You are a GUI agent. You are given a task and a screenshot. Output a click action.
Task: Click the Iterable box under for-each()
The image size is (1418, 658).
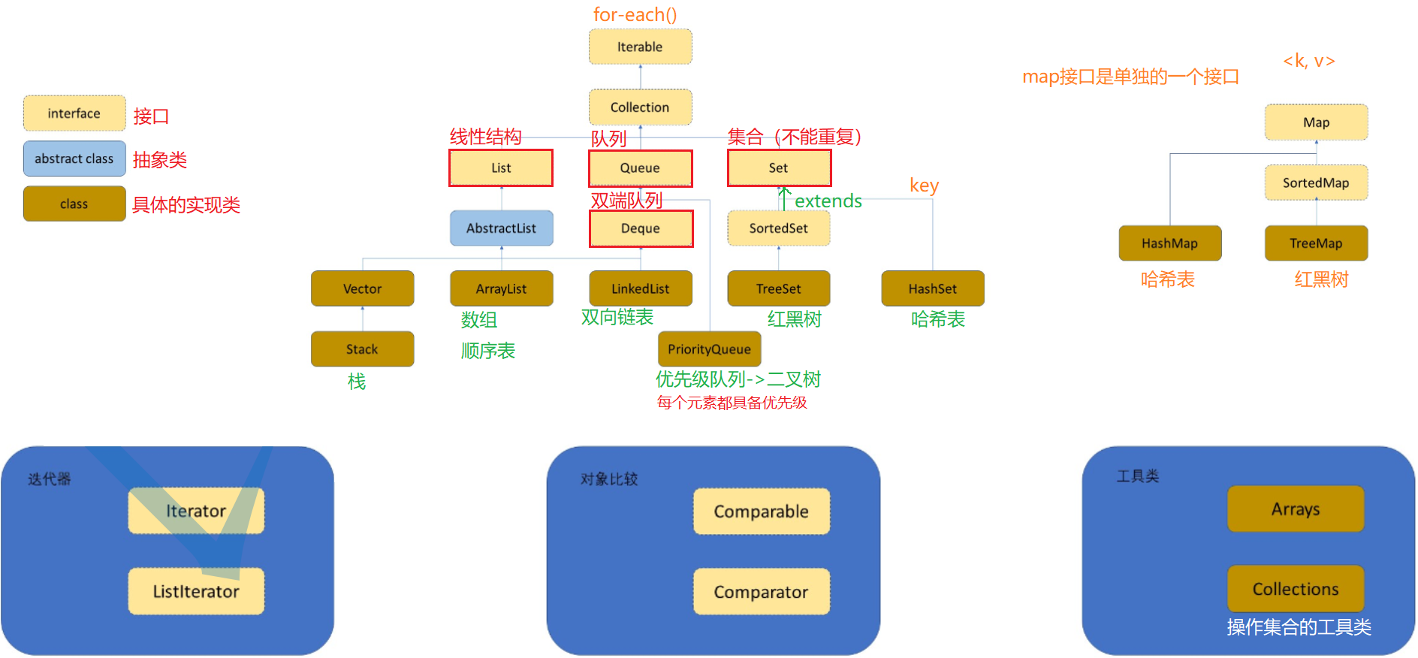point(640,47)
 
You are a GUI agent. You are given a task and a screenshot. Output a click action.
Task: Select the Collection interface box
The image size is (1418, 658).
point(640,107)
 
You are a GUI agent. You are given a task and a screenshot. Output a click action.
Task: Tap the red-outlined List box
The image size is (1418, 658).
point(501,168)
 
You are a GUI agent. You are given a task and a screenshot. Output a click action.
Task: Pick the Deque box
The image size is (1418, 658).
point(641,228)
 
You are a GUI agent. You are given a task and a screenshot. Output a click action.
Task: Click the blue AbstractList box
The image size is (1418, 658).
point(501,228)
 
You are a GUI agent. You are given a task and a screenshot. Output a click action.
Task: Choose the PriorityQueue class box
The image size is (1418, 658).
point(709,349)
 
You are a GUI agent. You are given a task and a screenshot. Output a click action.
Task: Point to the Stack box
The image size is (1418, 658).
point(362,349)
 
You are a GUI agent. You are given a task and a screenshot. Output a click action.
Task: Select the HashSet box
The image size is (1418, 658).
point(932,289)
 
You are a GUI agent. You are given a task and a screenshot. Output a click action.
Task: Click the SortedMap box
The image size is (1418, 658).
point(1316,183)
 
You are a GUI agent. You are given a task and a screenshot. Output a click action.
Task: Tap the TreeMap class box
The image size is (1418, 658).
point(1316,243)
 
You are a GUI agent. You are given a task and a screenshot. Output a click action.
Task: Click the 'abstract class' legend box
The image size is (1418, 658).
point(74,158)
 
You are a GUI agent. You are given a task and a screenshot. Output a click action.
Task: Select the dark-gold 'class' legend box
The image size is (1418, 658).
point(74,204)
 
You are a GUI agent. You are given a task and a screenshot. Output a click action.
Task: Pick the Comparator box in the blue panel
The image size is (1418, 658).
point(761,592)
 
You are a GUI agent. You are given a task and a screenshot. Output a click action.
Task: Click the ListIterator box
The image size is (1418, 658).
point(195,592)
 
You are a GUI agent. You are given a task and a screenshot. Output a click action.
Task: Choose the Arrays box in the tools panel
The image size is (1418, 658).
point(1295,509)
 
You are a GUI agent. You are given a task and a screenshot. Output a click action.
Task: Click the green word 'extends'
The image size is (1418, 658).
point(828,201)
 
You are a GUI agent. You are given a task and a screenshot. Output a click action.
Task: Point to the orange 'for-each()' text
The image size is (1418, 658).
point(635,14)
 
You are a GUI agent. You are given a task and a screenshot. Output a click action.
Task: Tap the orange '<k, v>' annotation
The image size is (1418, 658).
point(1308,61)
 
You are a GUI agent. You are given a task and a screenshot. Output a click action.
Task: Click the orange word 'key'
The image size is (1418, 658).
point(924,186)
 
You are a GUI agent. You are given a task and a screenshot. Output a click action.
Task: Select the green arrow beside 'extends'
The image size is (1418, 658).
point(784,198)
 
